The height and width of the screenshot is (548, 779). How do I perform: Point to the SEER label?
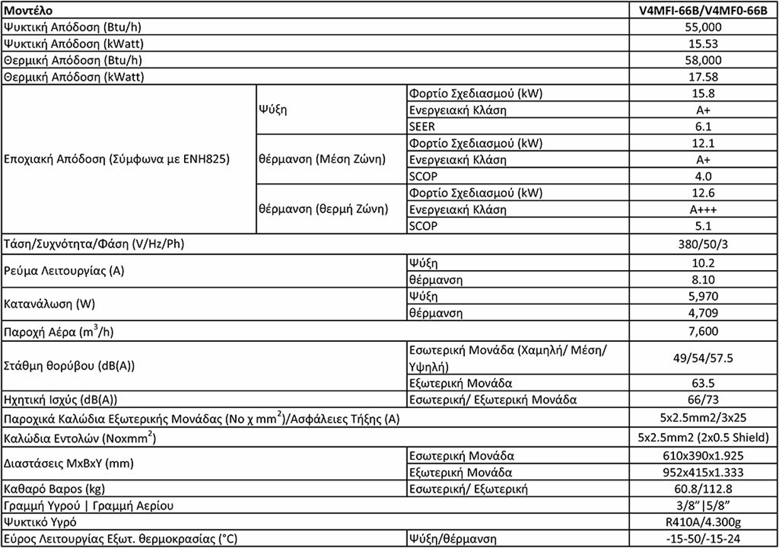coord(422,126)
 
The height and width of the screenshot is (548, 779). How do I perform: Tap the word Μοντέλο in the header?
coord(28,11)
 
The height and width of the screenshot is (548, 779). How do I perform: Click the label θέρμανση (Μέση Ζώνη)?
coord(321,160)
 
